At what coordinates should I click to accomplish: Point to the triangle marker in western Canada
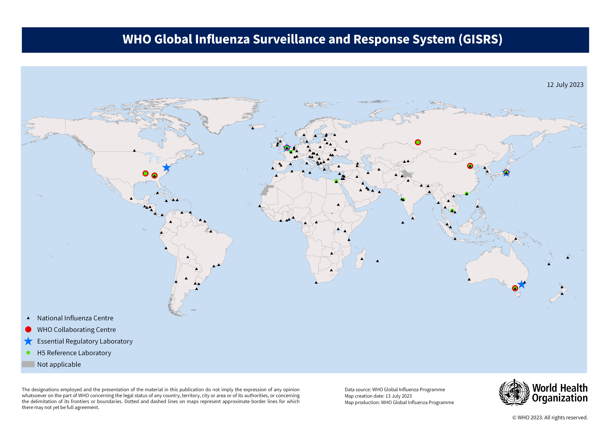(134, 151)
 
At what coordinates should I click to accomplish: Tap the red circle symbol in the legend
(28, 330)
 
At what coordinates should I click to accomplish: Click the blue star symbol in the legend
(28, 341)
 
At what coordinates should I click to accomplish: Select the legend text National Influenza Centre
(75, 318)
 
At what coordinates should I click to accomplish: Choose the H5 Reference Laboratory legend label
(74, 353)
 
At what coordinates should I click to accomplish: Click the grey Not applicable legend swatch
(28, 364)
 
